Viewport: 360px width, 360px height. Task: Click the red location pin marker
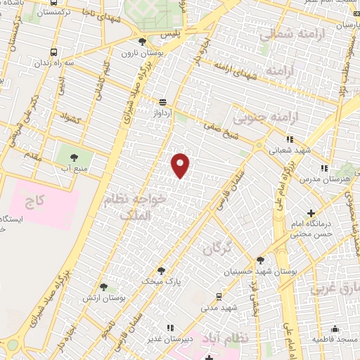click(x=181, y=165)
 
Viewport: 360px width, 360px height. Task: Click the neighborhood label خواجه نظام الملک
click(x=134, y=208)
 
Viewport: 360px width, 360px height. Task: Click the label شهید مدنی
click(x=219, y=307)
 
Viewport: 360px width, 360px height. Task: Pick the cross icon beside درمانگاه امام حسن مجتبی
click(x=311, y=213)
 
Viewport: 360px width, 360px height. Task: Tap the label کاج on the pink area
click(x=35, y=203)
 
